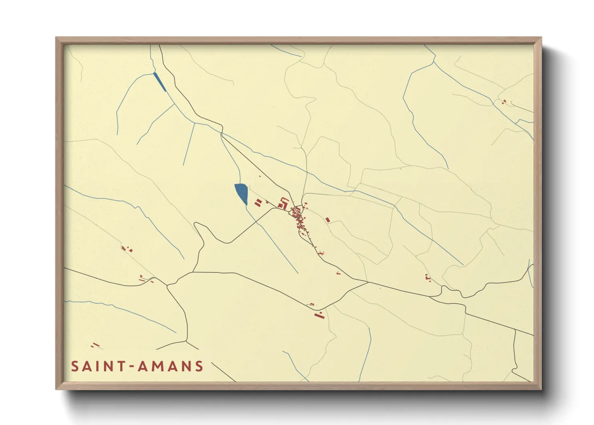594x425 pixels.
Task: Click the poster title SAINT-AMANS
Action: (x=137, y=366)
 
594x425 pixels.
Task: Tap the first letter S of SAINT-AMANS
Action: (x=75, y=366)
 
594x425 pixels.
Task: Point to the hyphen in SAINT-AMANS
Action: (x=131, y=367)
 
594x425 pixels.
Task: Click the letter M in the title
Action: (x=158, y=366)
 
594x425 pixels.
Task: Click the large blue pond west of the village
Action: (x=241, y=193)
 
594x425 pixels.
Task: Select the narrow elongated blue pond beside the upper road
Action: (x=160, y=82)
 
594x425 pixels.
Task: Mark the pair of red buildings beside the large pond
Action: (x=258, y=202)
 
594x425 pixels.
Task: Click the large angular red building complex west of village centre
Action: (x=283, y=203)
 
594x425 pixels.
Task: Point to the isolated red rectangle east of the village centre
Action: (x=328, y=220)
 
